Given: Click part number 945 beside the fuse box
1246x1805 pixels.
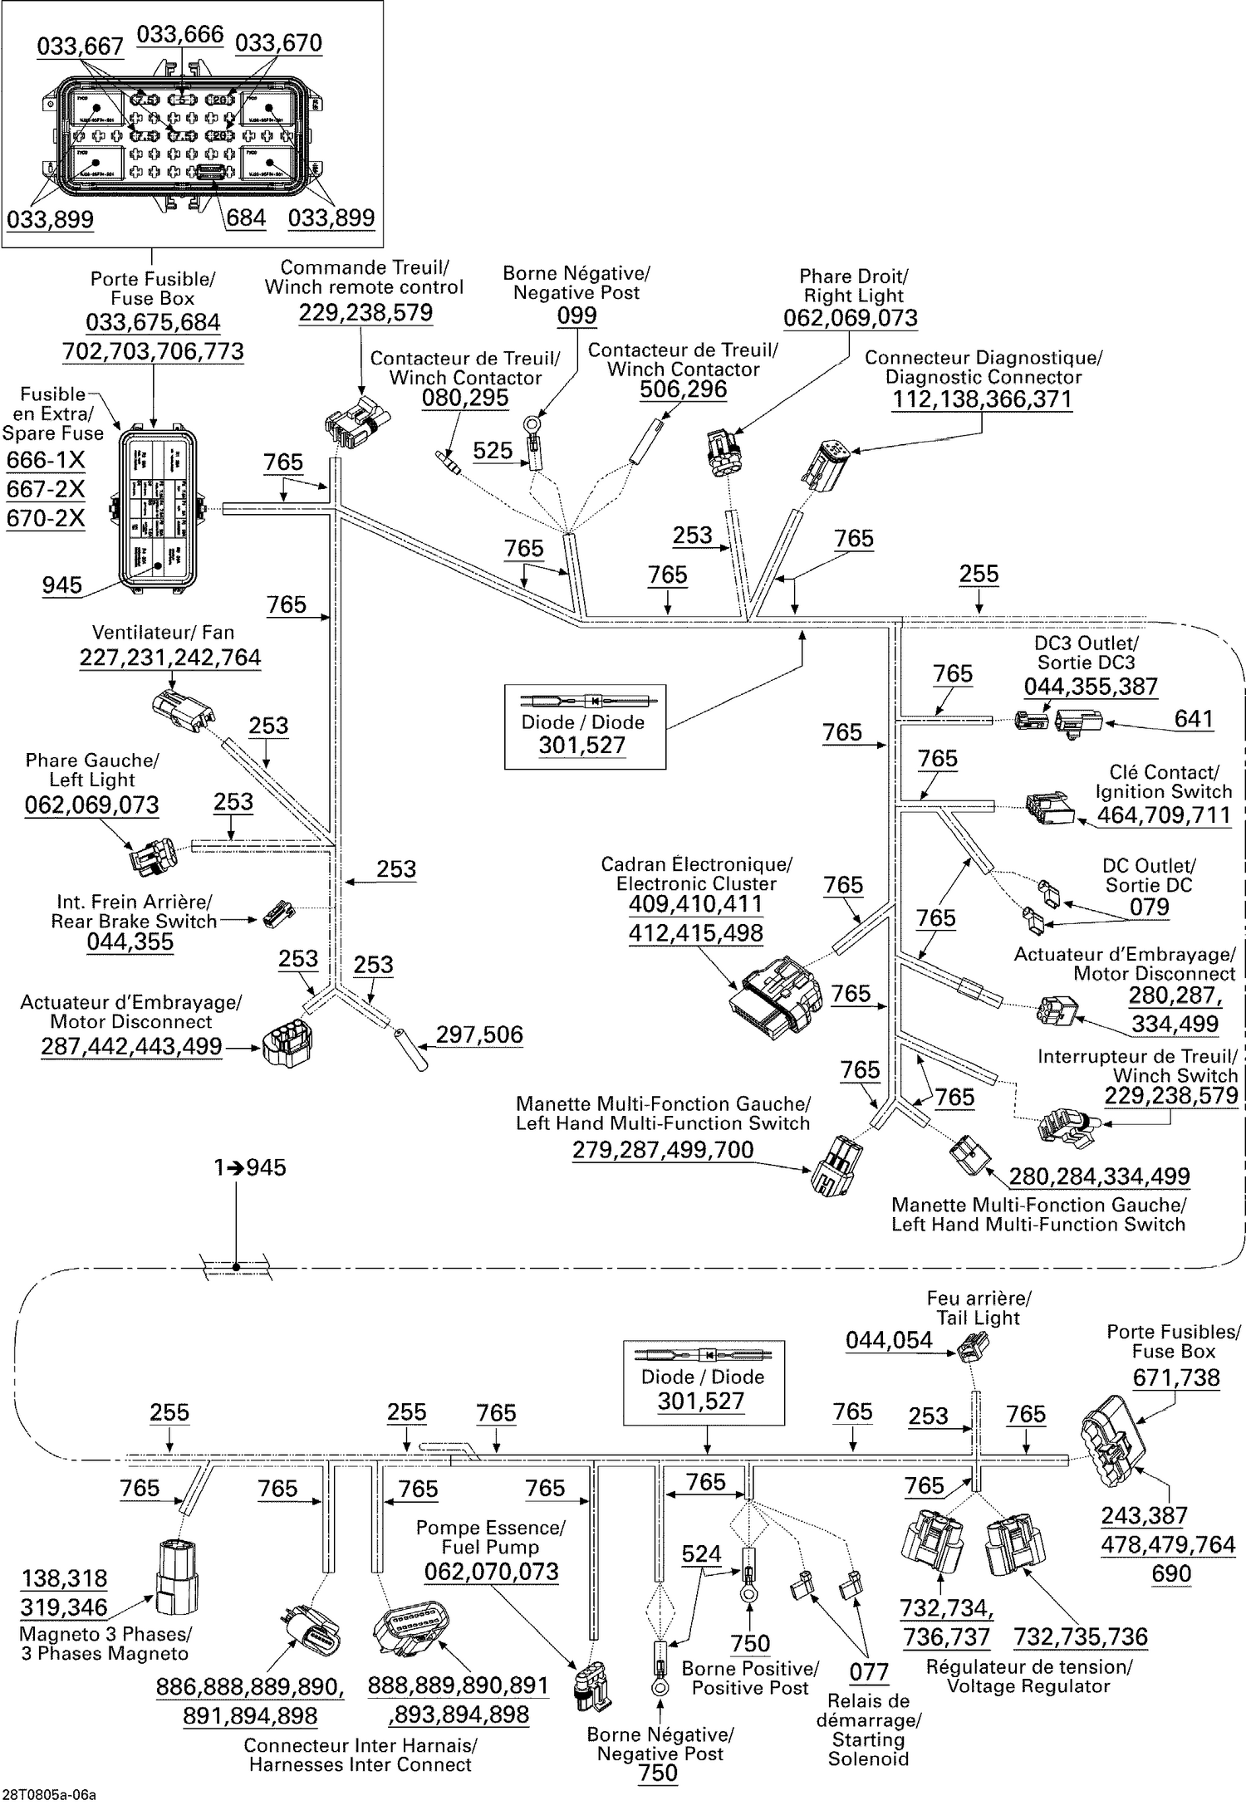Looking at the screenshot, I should click(x=62, y=585).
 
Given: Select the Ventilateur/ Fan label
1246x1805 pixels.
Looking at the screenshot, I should click(x=163, y=633).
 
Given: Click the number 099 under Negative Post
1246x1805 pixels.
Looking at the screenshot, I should click(x=576, y=316).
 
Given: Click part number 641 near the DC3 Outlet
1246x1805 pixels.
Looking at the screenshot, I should click(x=1194, y=719).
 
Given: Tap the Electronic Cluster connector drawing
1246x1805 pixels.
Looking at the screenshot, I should click(x=776, y=995).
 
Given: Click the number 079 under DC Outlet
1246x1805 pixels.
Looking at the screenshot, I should click(x=1149, y=907).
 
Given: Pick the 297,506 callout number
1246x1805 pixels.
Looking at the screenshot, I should click(x=479, y=1035).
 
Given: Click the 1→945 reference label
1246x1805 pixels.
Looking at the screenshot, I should click(x=249, y=1168).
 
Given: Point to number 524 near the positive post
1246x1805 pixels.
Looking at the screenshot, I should click(x=701, y=1554).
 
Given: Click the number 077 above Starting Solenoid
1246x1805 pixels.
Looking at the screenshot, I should click(x=869, y=1671).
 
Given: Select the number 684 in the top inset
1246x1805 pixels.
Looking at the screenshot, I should click(x=246, y=218).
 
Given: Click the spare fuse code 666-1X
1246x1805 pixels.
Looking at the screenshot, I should click(x=46, y=460).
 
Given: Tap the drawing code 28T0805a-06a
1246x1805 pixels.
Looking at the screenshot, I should click(x=48, y=1795).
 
